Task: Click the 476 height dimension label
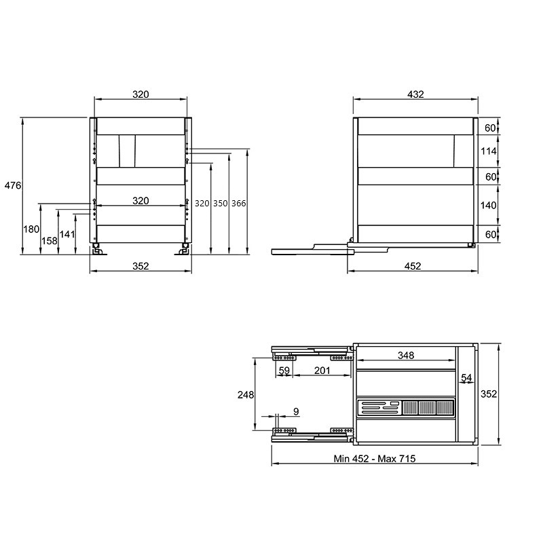tap(13, 185)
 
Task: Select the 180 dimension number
tap(31, 229)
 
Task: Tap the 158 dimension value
tap(49, 241)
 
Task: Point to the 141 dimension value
tap(67, 234)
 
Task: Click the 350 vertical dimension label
tap(220, 203)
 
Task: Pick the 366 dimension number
tap(239, 203)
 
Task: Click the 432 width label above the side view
tap(415, 94)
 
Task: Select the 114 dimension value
tap(488, 151)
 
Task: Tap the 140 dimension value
tap(488, 206)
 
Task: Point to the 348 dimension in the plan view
tap(406, 355)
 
